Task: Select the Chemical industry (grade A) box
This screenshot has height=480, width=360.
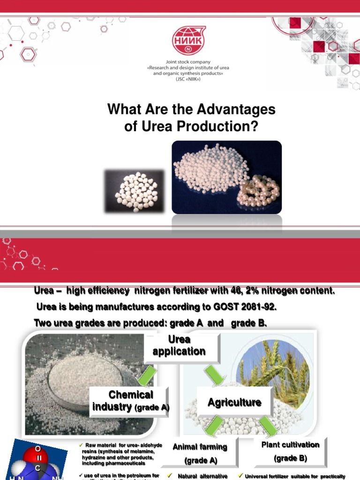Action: (x=131, y=401)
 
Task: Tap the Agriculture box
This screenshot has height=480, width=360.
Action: (x=234, y=403)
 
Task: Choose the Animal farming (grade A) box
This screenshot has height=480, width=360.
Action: (x=200, y=453)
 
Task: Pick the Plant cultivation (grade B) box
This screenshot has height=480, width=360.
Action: (x=290, y=451)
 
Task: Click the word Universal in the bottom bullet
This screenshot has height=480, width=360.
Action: (x=259, y=476)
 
